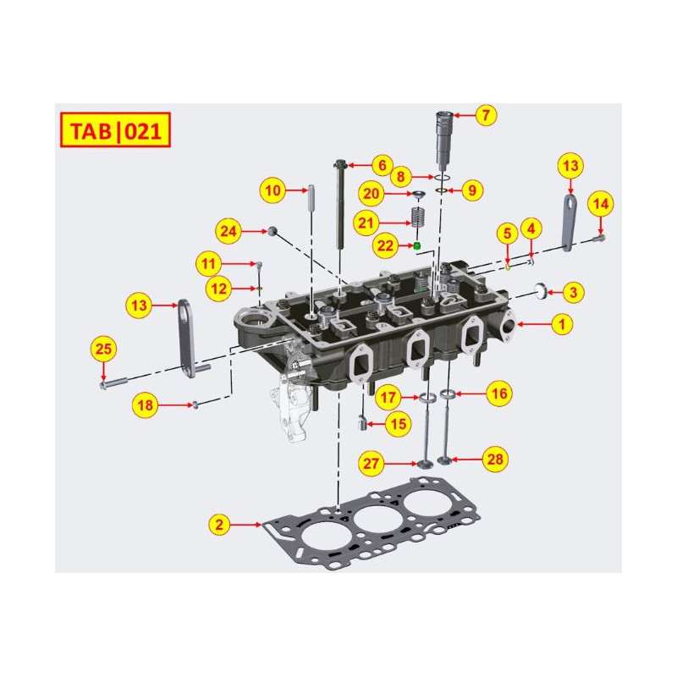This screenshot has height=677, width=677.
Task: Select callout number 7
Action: tap(484, 115)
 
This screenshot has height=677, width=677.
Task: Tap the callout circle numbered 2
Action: tap(219, 525)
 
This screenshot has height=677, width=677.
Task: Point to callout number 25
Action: tap(103, 348)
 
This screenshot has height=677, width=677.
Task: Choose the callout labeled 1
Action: tap(559, 323)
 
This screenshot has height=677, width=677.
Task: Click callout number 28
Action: tap(494, 460)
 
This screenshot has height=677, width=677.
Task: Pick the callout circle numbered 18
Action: tap(146, 405)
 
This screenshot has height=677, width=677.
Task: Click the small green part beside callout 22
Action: tap(416, 245)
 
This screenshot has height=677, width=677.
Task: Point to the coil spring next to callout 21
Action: tap(416, 217)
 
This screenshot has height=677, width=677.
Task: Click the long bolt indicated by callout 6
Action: tap(342, 203)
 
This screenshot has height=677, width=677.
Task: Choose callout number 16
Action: tap(499, 393)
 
